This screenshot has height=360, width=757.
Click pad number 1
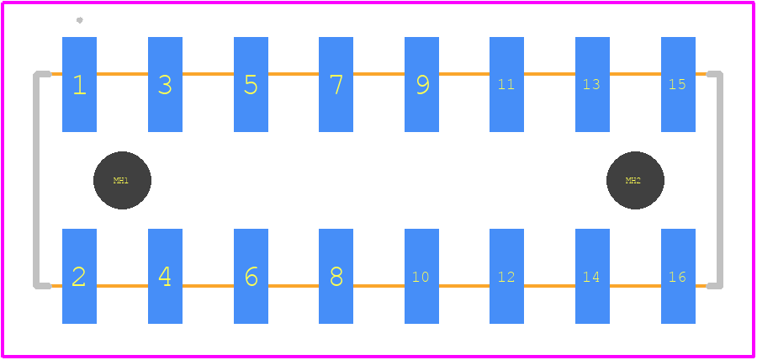point(79,84)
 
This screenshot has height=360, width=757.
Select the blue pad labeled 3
point(165,84)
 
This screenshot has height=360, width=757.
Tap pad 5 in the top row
point(251,84)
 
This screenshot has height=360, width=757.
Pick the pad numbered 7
point(336,84)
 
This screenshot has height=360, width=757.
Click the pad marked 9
point(422,84)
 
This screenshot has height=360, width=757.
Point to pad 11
point(507,84)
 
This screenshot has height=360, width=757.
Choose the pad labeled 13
point(592,84)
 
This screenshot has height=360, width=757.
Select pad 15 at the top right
point(678,84)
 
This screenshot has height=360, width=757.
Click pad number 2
point(79,276)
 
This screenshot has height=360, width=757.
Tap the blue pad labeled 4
point(165,276)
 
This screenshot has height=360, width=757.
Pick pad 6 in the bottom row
point(251,276)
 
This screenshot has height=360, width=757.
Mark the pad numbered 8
point(336,276)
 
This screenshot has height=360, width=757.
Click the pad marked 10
point(422,276)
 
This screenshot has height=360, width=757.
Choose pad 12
point(507,276)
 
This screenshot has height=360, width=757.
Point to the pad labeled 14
point(592,276)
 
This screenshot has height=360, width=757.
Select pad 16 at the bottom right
point(678,276)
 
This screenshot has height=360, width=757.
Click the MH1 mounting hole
point(122,181)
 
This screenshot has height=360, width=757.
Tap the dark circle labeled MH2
point(635,181)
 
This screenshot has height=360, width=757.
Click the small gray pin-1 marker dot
point(80,20)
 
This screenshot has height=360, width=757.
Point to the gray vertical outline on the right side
point(720,180)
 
